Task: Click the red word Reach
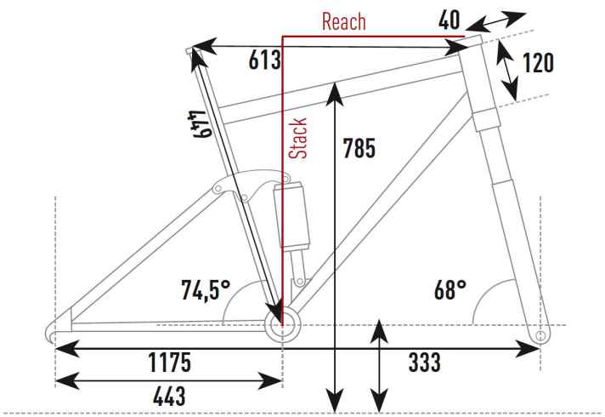(x=344, y=21)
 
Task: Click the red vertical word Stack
(x=298, y=139)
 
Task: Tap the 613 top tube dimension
(x=265, y=60)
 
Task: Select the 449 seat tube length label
(x=200, y=124)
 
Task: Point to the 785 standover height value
(x=359, y=148)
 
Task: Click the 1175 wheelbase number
(x=170, y=363)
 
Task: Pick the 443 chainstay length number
(x=169, y=397)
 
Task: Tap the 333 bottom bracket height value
(x=424, y=363)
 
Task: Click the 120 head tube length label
(x=538, y=63)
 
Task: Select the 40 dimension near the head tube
(x=450, y=20)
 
